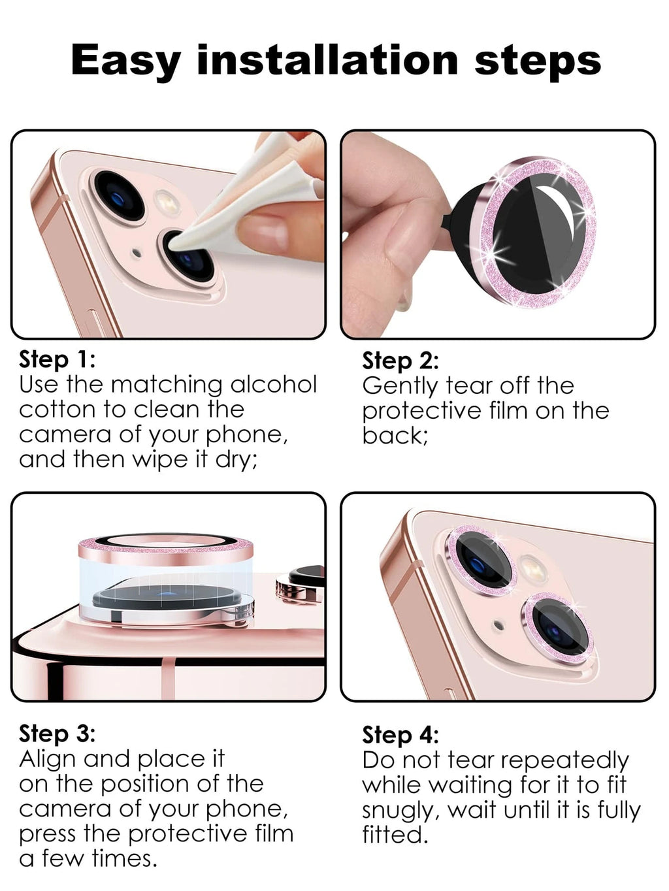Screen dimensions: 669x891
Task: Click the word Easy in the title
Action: [x=126, y=61]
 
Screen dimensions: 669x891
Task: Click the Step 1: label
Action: [x=57, y=360]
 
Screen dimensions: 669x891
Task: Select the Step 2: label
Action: [x=400, y=361]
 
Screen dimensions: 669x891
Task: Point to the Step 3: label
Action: [x=57, y=734]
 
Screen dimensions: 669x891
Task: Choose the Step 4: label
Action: [x=400, y=736]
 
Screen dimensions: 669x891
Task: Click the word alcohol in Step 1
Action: [x=274, y=384]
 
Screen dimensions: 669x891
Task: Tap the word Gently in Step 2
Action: [x=400, y=387]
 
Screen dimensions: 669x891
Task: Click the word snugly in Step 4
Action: [x=402, y=812]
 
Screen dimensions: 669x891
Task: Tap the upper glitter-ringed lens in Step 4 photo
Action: [x=481, y=561]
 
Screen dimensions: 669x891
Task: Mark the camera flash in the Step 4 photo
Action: [x=533, y=569]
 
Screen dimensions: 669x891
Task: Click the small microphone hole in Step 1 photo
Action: [x=137, y=253]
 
